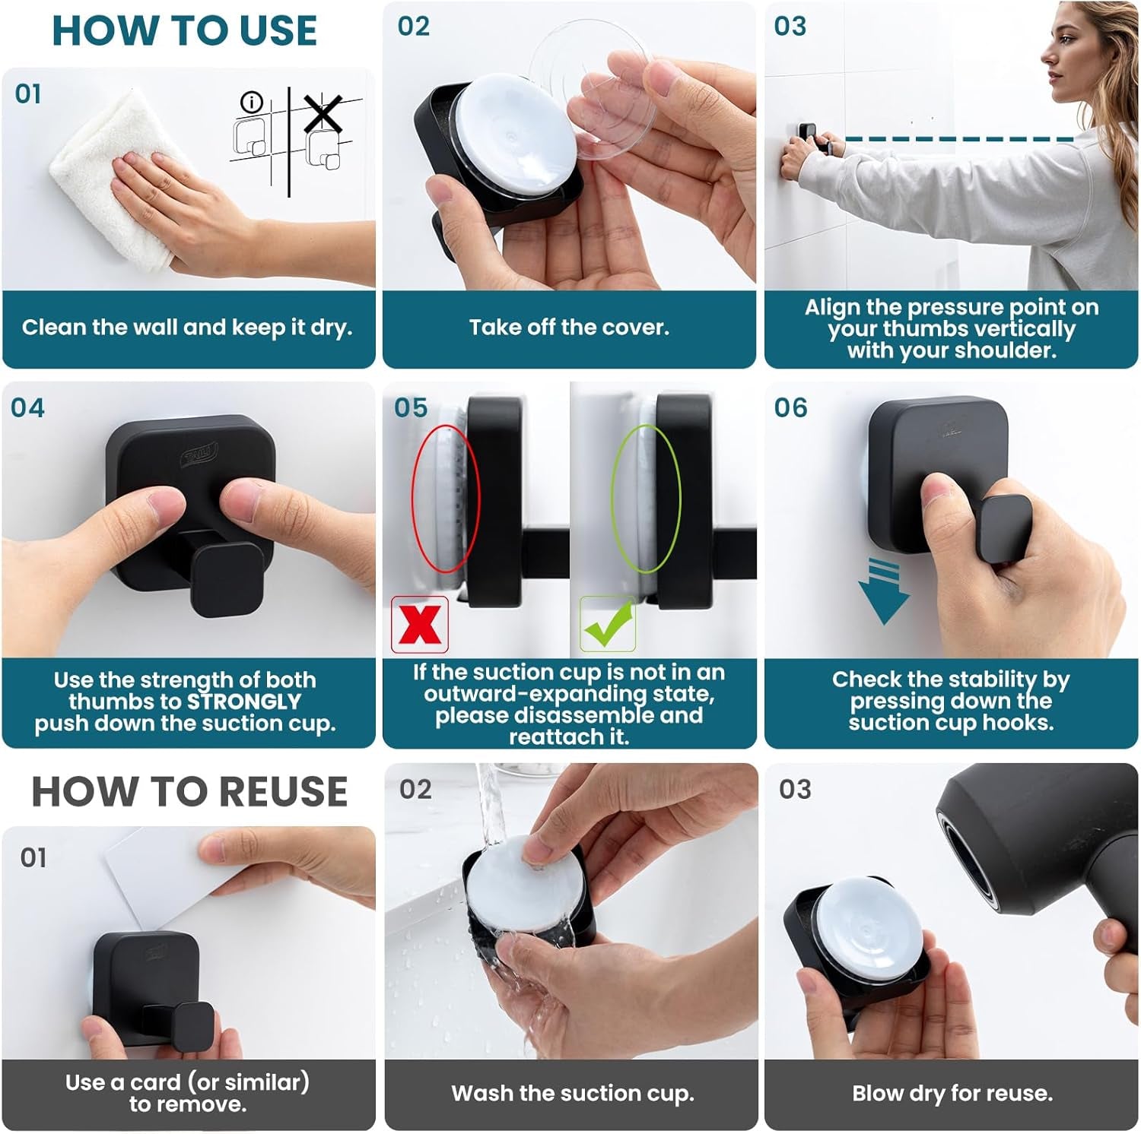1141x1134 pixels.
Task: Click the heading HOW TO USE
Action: (184, 31)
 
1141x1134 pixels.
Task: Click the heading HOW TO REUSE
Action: (189, 791)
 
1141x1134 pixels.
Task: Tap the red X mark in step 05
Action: (419, 624)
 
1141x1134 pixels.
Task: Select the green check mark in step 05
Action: (608, 624)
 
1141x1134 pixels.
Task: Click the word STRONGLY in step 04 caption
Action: (243, 702)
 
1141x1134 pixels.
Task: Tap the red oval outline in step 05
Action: (446, 499)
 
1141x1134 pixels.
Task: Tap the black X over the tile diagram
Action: (323, 115)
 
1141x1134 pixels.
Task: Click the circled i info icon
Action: (251, 102)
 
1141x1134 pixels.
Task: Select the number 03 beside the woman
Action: (790, 27)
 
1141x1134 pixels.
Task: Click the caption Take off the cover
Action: (569, 328)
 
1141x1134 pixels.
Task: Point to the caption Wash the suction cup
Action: (572, 1093)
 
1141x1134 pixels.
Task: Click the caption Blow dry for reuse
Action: (952, 1093)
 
